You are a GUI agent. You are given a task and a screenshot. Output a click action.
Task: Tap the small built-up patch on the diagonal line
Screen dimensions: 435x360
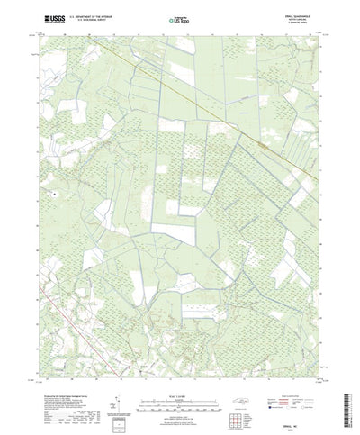click(263, 141)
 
